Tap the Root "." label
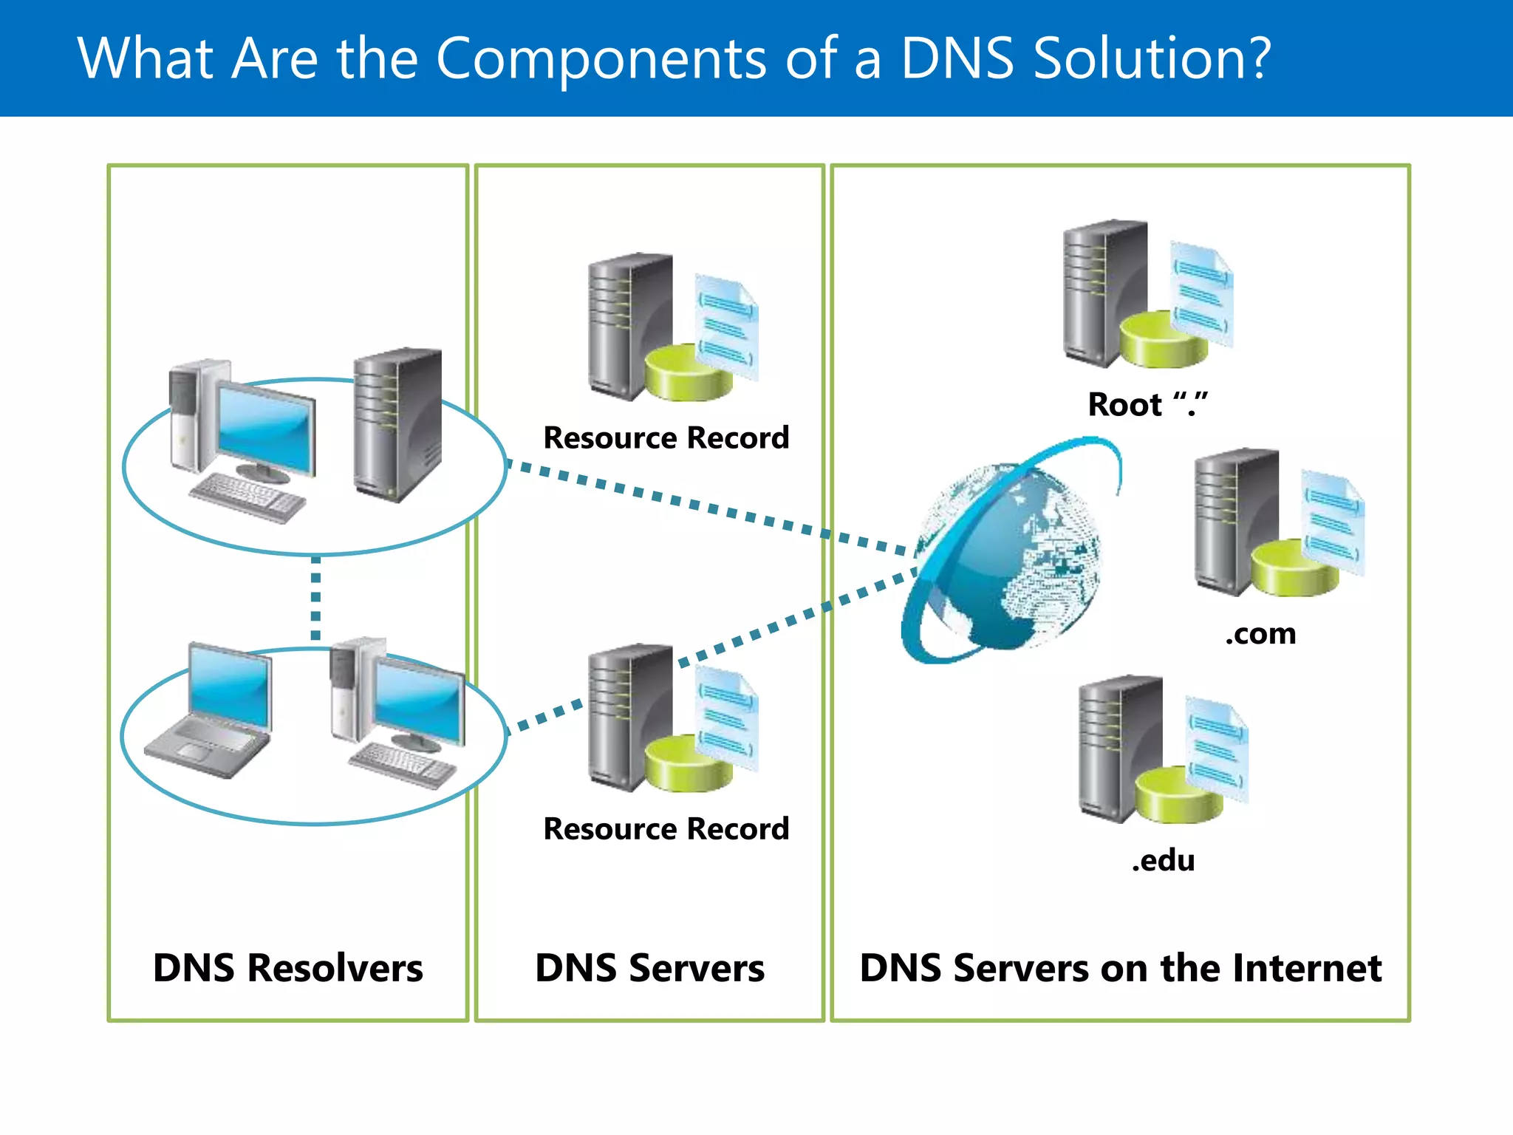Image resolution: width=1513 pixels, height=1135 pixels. click(1147, 405)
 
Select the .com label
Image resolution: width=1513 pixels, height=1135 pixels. click(1260, 634)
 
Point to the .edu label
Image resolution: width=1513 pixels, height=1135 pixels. click(1163, 861)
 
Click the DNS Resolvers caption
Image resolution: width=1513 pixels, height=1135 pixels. click(288, 968)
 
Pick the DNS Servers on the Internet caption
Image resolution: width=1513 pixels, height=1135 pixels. click(1120, 968)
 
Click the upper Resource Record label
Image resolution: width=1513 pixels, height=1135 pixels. click(666, 438)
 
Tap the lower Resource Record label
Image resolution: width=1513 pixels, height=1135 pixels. click(666, 829)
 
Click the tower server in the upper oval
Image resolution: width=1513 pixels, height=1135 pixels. click(397, 425)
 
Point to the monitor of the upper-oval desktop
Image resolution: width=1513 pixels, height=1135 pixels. click(266, 429)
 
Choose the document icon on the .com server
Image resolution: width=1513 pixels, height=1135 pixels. click(1332, 521)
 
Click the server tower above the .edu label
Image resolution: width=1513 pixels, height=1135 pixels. click(1119, 746)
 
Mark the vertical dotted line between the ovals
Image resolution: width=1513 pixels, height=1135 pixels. click(315, 599)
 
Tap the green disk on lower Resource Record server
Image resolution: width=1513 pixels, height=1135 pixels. click(687, 765)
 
